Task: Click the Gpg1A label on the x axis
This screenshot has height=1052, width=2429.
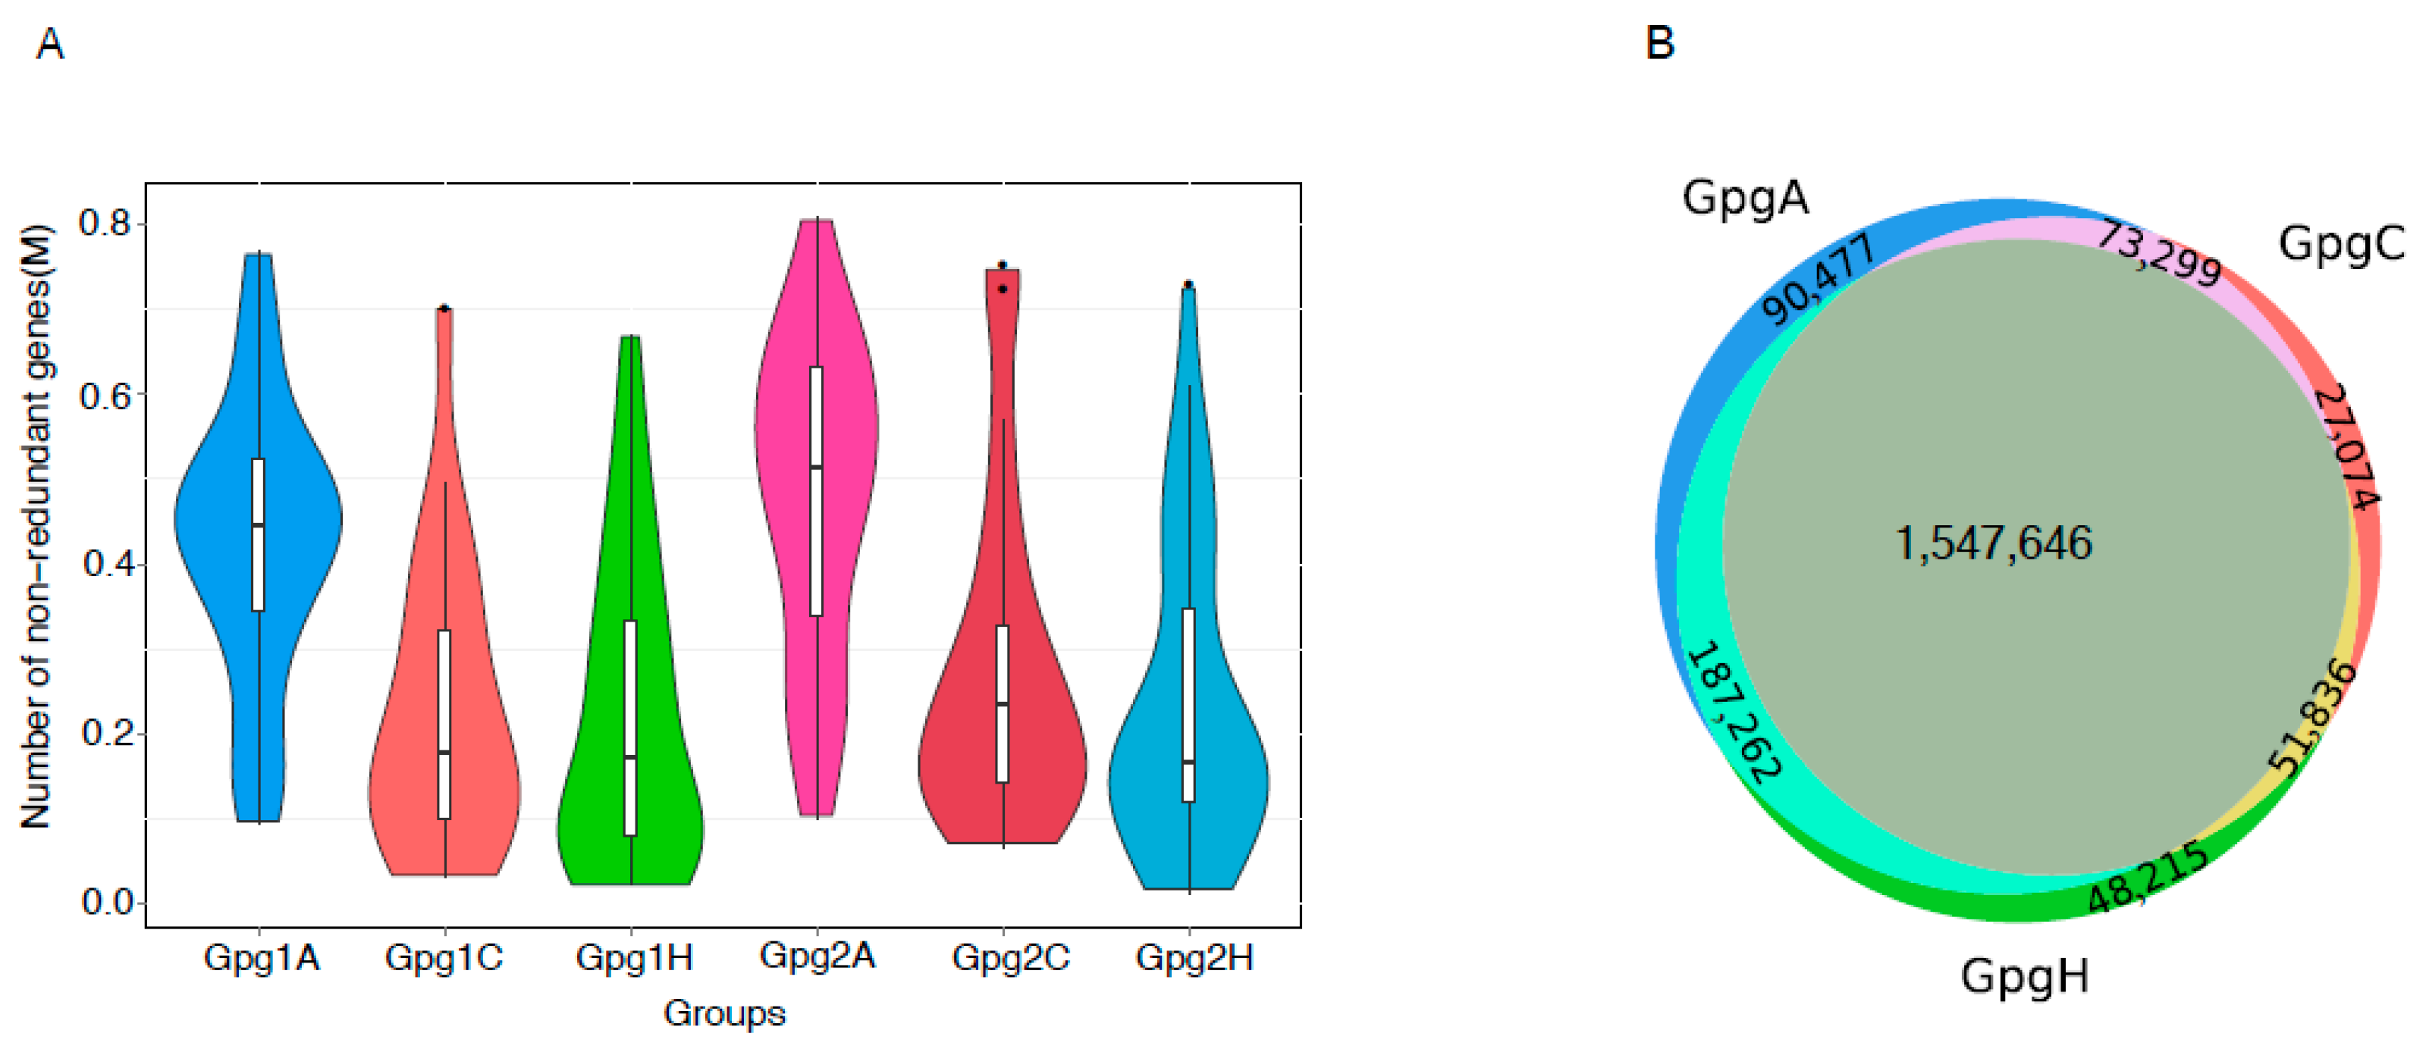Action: [261, 958]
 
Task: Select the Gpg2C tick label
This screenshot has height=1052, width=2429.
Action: [1010, 958]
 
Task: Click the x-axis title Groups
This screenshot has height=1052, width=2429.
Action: [724, 1013]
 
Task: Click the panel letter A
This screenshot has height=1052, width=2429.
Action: [50, 44]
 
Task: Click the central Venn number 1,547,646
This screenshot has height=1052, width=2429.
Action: [1994, 544]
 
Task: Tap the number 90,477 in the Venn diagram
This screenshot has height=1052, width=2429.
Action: [1817, 280]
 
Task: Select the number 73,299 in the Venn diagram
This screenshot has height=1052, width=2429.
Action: [2158, 252]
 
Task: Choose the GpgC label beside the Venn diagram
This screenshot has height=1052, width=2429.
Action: [2340, 244]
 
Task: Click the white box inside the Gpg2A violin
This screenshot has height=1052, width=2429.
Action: [817, 490]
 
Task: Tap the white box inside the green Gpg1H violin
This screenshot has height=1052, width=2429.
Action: [631, 727]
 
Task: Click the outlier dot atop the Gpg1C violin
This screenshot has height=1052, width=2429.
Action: [445, 308]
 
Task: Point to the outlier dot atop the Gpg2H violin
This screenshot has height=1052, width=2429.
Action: [1189, 283]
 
